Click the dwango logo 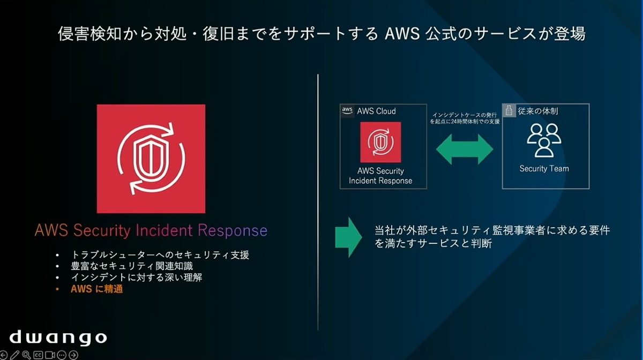58,337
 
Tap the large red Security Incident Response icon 151,159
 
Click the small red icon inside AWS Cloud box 380,142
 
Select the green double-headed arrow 465,149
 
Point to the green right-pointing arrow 348,237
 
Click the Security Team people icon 544,140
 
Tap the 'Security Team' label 544,169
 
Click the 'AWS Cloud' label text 376,111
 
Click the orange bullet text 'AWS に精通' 97,289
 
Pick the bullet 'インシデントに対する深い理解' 136,278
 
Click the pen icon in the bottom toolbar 15,355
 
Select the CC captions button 38,355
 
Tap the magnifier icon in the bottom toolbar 26,355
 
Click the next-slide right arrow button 73,355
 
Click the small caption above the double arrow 465,118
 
